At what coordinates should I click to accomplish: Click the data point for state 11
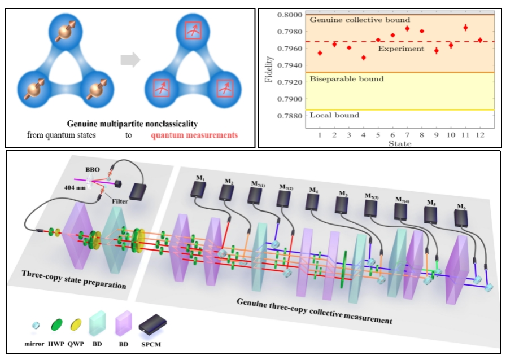tap(465, 27)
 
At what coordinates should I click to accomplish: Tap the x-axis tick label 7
tap(407, 137)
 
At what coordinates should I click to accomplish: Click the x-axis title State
tap(399, 144)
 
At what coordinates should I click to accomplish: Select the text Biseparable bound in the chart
tap(346, 79)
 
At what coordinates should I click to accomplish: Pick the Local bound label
tap(334, 116)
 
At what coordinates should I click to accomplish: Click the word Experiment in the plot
tap(401, 49)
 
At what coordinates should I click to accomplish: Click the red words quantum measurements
tap(194, 135)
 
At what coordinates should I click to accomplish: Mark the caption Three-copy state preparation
tap(73, 280)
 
